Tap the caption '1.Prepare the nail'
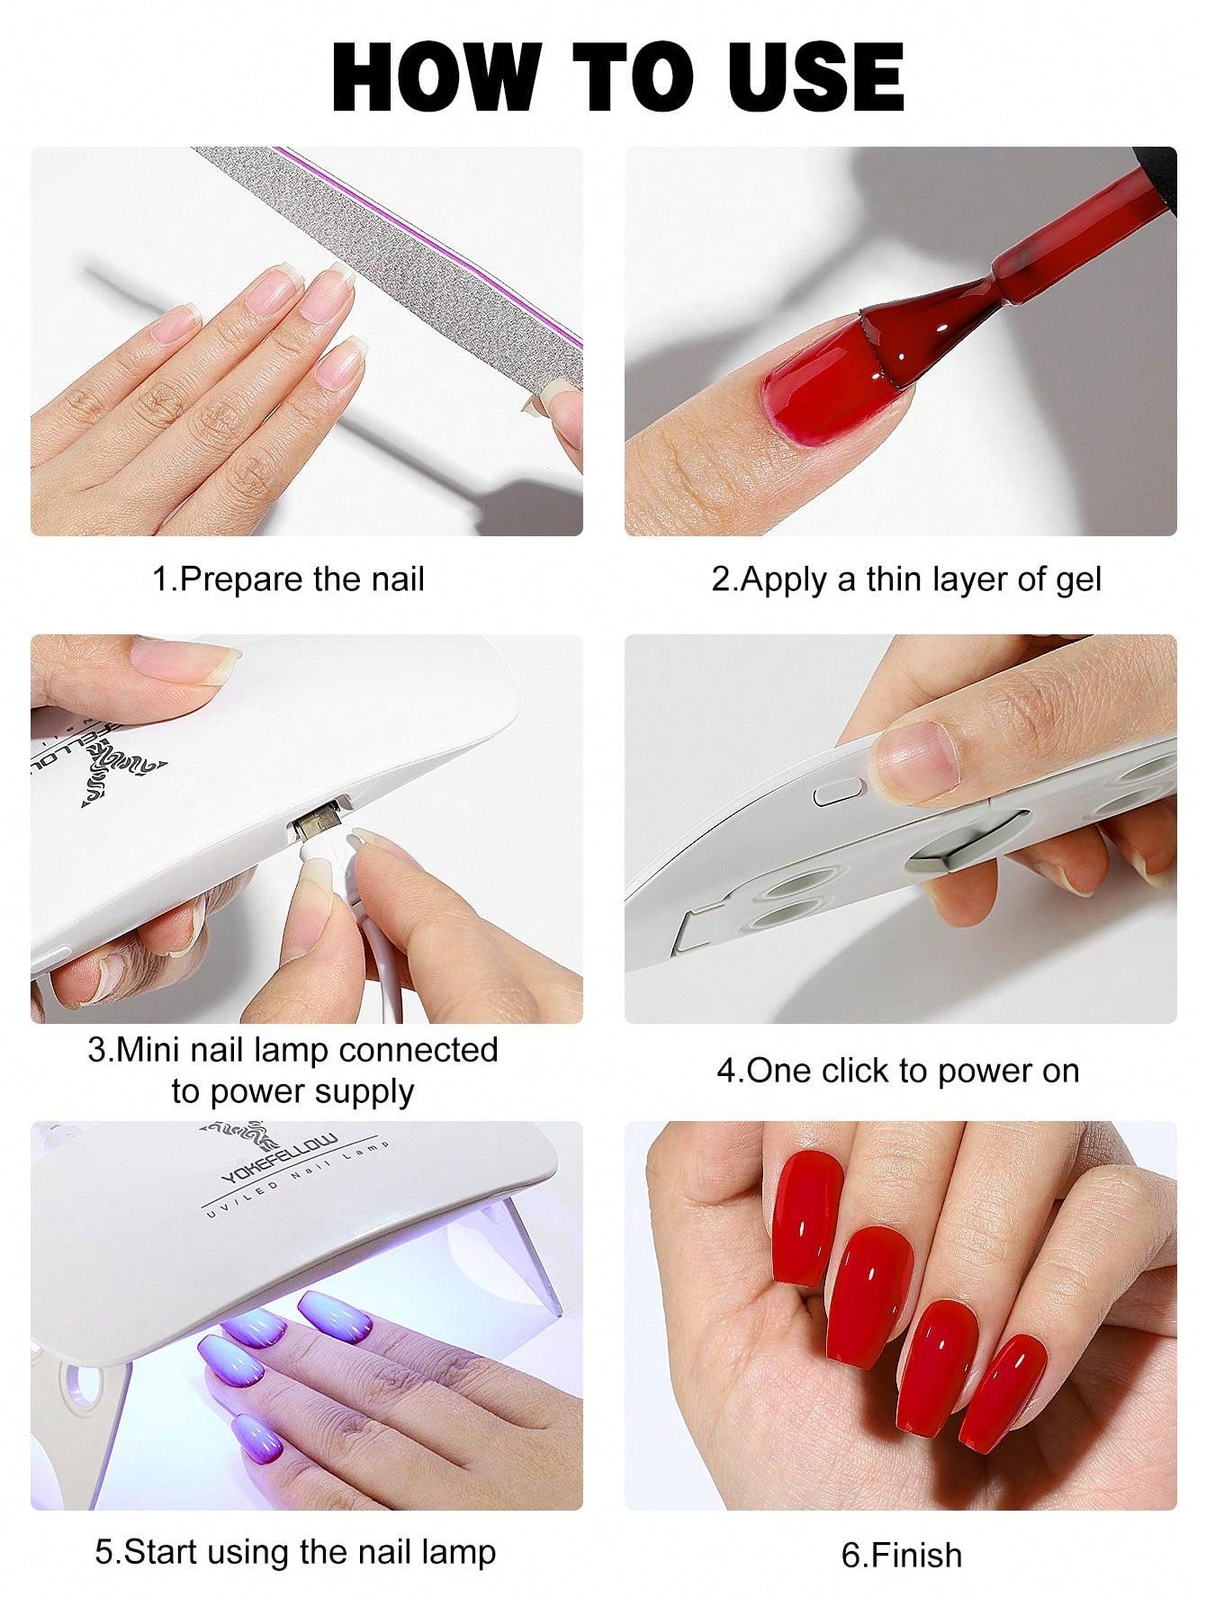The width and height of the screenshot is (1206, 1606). (x=288, y=579)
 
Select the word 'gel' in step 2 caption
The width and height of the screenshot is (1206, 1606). (x=1078, y=580)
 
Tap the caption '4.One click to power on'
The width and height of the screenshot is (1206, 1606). (x=898, y=1072)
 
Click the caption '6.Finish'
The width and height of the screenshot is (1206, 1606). (x=901, y=1555)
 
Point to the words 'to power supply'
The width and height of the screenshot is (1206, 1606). (x=292, y=1092)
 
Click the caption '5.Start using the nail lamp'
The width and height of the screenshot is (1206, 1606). (x=295, y=1552)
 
